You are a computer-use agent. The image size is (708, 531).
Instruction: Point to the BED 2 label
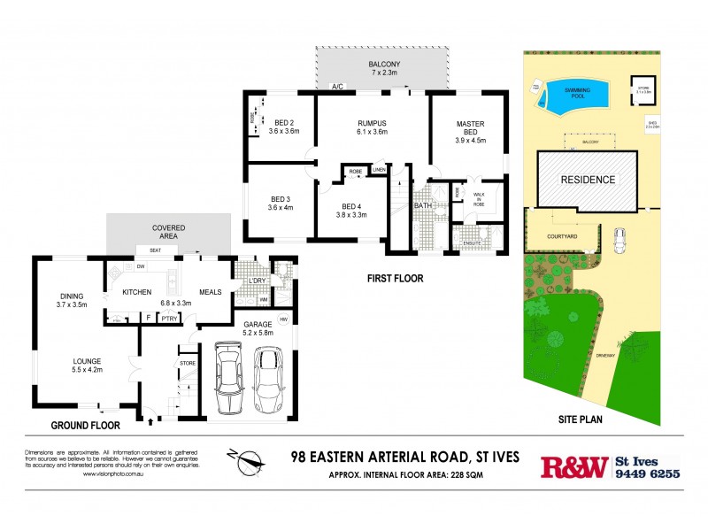pyautogui.click(x=284, y=126)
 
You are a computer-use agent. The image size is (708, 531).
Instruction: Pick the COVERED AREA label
pyautogui.click(x=168, y=232)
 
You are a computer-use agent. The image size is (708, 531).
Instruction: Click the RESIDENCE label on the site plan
pyautogui.click(x=589, y=180)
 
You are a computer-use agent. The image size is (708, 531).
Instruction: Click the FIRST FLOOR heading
pyautogui.click(x=395, y=278)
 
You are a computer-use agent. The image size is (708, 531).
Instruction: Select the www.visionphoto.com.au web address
pyautogui.click(x=115, y=474)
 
